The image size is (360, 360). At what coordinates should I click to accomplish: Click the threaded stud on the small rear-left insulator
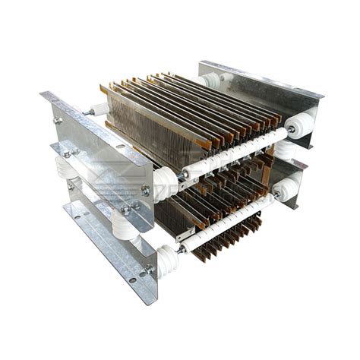[x=90, y=112]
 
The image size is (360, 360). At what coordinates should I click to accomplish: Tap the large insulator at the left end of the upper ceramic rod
[x=165, y=183]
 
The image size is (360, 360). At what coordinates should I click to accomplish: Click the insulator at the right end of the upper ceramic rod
[x=301, y=125]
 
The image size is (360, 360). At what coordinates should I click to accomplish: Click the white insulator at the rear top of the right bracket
[x=211, y=80]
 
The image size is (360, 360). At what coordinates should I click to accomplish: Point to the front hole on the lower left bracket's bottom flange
[x=131, y=279]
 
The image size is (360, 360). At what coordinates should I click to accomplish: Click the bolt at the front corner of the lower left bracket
[x=149, y=267]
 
